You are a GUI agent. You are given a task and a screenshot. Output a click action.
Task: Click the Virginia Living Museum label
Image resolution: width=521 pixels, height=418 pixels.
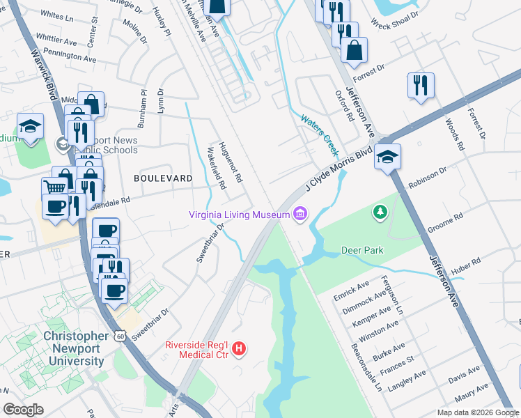coord(239,215)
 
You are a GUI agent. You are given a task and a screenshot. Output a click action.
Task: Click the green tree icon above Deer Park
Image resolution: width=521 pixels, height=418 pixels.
coord(380,211)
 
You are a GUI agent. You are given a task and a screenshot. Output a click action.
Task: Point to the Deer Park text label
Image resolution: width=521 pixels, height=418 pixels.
coord(362,250)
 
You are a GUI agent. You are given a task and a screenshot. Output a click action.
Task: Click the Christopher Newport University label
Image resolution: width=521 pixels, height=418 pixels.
coord(75,348)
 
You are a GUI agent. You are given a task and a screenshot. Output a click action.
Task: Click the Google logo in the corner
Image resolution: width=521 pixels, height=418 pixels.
coord(23,410)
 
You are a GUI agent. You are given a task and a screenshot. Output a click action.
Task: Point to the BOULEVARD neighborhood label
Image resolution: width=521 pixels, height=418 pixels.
coord(163,178)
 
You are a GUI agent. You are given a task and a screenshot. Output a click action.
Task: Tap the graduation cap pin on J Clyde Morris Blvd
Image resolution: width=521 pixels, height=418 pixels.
coord(387,157)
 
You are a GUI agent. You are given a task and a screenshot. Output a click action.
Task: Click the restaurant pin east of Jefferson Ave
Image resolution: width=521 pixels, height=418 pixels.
coord(421,85)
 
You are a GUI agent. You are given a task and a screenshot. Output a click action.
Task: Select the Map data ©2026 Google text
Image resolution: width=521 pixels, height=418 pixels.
coord(478,412)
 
